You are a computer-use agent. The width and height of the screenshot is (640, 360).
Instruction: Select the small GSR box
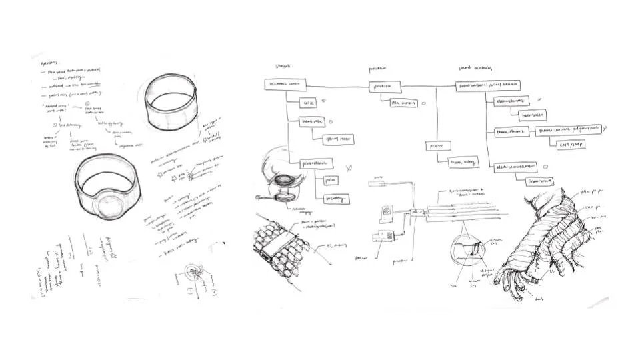[309, 104]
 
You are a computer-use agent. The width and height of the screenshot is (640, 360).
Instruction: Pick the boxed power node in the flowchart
[436, 145]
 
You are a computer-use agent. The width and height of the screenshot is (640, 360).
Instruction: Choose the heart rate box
[311, 122]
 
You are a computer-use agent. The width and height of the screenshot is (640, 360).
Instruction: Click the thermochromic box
[511, 132]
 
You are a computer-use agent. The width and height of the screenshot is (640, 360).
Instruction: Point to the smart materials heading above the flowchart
[475, 68]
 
